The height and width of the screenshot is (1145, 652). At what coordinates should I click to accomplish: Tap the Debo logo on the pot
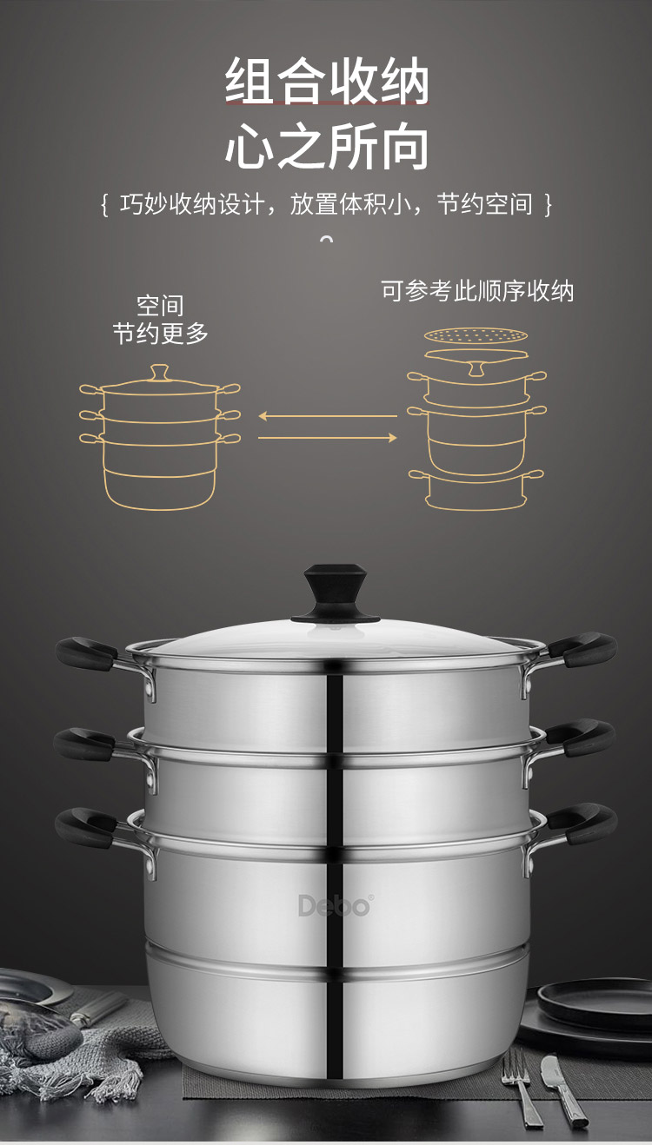tap(335, 905)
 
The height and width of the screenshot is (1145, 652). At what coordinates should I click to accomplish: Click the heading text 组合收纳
tap(327, 83)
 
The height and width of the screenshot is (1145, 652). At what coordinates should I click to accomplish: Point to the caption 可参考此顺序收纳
tap(477, 290)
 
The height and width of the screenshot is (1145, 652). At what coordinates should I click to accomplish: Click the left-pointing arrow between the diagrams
tap(327, 416)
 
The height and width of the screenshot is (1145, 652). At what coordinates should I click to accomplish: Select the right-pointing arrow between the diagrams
tap(327, 438)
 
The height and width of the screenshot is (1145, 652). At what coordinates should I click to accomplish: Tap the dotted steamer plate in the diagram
tap(476, 334)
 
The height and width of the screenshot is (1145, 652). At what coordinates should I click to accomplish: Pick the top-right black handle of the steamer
tap(583, 648)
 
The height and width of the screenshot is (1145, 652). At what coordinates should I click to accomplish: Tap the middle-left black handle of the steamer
tap(83, 744)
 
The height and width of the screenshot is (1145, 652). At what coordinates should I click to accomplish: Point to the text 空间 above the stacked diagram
tap(160, 306)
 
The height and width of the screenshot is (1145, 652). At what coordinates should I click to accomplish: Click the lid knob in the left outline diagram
tap(159, 374)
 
